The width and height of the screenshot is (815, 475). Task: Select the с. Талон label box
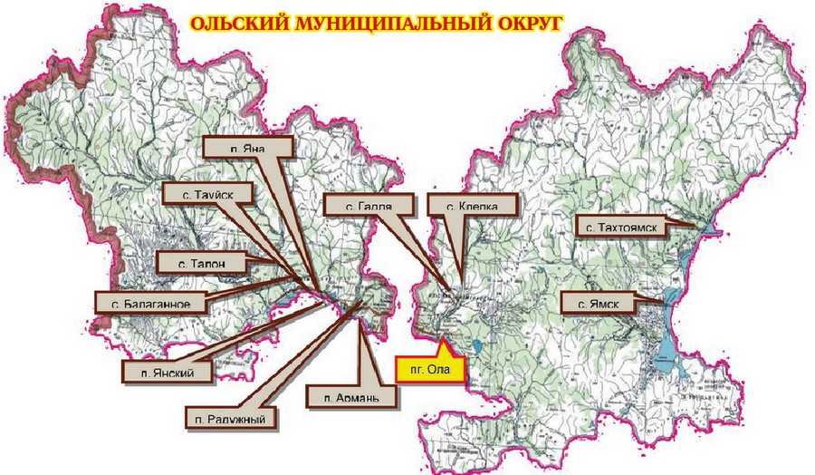coord(201,263)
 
